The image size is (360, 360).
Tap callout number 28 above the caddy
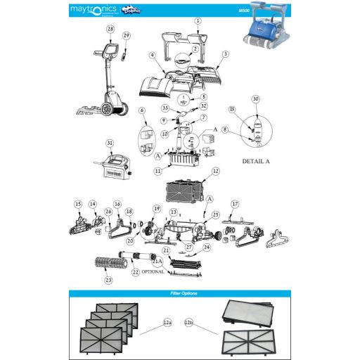point(110,29)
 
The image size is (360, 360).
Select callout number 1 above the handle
point(198,21)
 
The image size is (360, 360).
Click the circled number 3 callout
point(226,53)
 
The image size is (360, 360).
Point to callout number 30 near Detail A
point(255,99)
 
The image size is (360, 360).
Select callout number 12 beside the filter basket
point(216,171)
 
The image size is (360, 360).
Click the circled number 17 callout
point(235,204)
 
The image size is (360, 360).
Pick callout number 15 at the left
point(78,204)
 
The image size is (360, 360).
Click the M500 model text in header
point(245,10)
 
